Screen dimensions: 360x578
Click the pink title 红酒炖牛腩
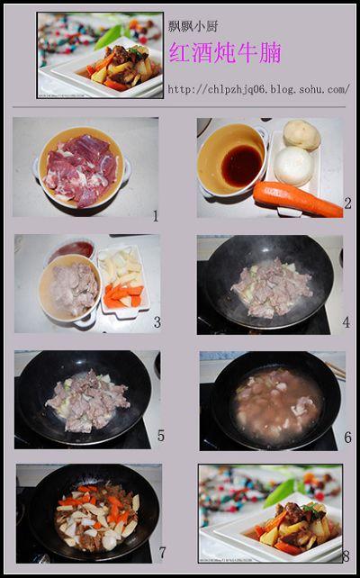(x=225, y=52)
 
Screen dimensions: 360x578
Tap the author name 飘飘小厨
(x=193, y=26)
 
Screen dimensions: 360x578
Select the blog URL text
(x=258, y=89)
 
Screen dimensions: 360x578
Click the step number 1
(x=156, y=216)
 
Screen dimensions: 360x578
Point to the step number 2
(x=347, y=203)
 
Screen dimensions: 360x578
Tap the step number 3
(x=157, y=322)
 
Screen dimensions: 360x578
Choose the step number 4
(x=346, y=322)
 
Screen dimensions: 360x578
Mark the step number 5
(x=161, y=436)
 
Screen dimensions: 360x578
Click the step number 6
(x=347, y=438)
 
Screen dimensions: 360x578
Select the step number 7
(x=162, y=553)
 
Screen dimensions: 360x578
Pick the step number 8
(x=346, y=555)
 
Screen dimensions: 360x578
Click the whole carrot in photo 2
(x=298, y=200)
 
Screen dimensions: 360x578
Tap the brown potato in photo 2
(x=301, y=135)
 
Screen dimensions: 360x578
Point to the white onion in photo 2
(x=293, y=166)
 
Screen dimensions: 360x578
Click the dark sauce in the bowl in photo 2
(x=241, y=166)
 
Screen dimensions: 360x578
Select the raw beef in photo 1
(x=81, y=170)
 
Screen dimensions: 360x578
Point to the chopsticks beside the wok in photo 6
(x=336, y=370)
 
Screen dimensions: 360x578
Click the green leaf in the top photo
(x=108, y=37)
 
